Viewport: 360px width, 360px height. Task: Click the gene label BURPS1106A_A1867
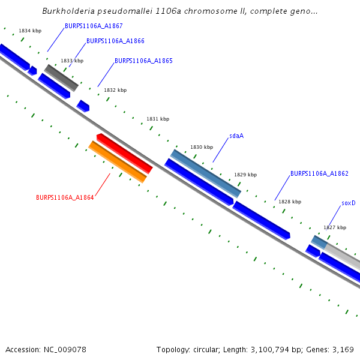point(94,26)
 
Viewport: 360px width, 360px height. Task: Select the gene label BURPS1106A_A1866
point(115,41)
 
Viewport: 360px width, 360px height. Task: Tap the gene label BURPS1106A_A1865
point(143,61)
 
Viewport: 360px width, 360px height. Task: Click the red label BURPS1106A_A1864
point(65,197)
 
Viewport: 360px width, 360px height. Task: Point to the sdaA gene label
point(236,136)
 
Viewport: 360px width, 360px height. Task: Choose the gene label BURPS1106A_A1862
point(319,173)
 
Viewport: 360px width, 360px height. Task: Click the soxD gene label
point(348,203)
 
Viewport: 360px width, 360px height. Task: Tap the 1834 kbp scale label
point(30,30)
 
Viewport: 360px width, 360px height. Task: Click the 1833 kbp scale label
point(72,61)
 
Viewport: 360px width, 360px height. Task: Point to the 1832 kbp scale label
point(115,90)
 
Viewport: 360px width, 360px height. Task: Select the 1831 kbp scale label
point(158,119)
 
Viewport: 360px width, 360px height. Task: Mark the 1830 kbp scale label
point(202,147)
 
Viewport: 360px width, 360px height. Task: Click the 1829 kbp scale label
point(245,175)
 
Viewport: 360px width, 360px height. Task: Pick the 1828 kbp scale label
point(290,202)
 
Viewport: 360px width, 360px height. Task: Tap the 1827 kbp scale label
point(335,227)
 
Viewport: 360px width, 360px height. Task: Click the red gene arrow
point(125,152)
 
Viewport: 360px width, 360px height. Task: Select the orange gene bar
point(118,161)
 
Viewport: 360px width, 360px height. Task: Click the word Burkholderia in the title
point(68,11)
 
